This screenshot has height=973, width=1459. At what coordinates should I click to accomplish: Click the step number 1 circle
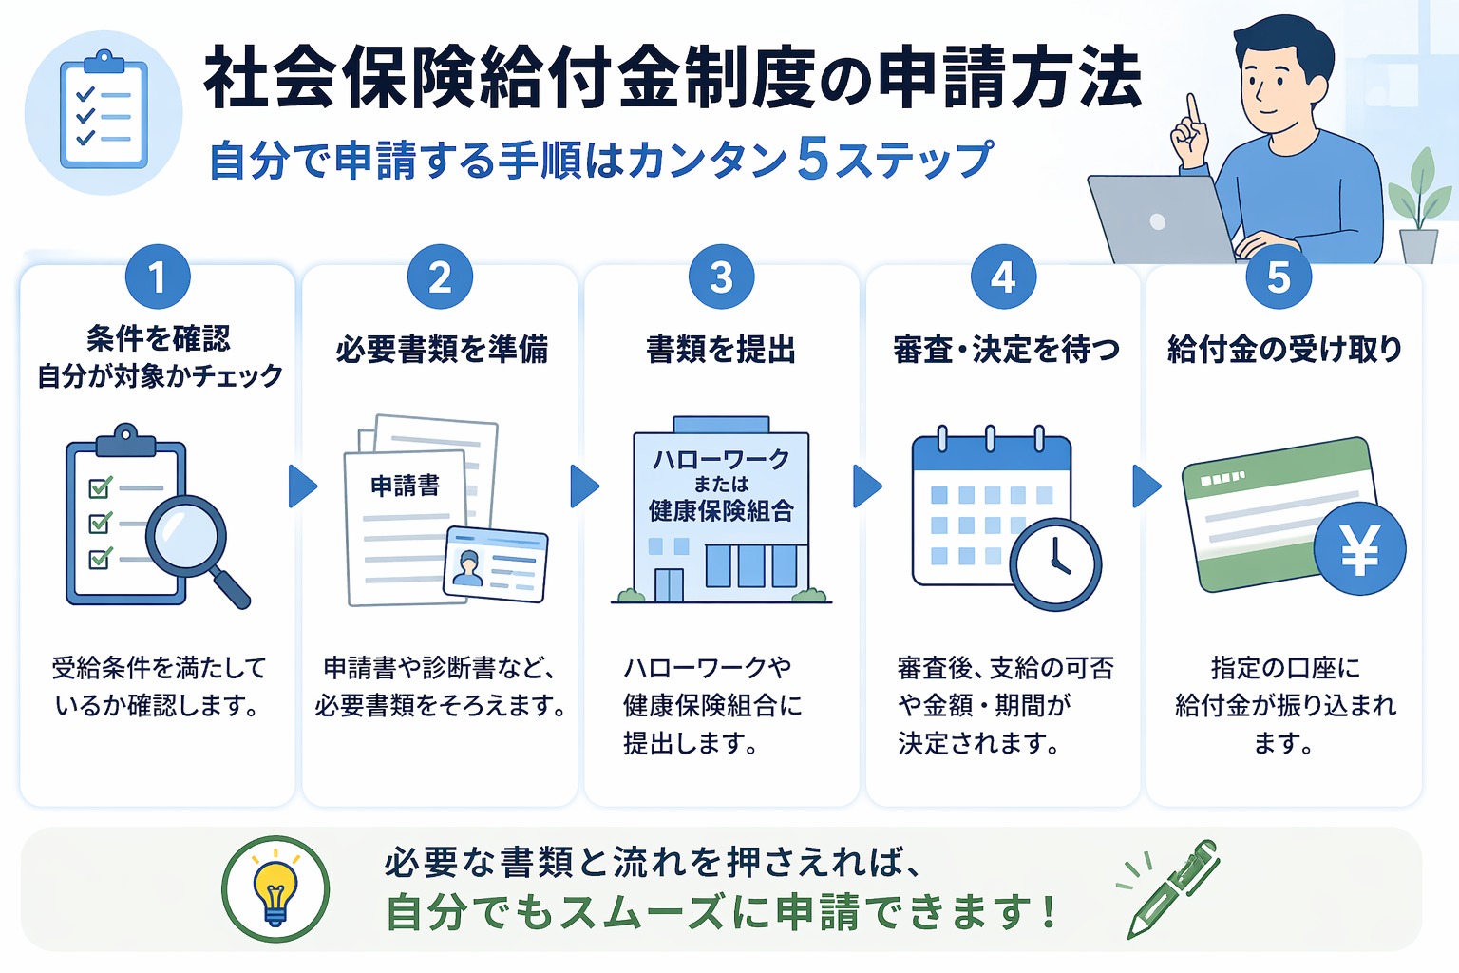click(x=158, y=277)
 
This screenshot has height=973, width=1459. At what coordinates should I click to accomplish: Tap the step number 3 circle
click(x=721, y=277)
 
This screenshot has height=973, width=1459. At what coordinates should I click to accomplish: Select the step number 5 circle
click(x=1279, y=277)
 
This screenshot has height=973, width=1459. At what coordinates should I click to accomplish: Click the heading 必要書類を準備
click(x=442, y=350)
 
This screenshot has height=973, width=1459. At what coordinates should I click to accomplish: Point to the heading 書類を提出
click(x=721, y=350)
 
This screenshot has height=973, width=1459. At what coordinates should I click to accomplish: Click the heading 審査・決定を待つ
click(x=1006, y=350)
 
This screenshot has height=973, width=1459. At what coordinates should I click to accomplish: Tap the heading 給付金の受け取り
click(x=1284, y=350)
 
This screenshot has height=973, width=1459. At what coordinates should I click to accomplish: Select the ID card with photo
click(x=495, y=563)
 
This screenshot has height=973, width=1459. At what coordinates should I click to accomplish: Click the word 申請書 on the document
click(x=406, y=486)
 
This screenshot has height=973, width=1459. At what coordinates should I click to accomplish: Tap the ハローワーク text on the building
click(x=721, y=460)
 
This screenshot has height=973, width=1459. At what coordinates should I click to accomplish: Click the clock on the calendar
click(x=1055, y=563)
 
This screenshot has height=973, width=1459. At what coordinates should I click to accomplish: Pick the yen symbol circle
click(x=1359, y=549)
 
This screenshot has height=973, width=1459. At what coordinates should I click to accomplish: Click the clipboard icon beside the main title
click(x=104, y=113)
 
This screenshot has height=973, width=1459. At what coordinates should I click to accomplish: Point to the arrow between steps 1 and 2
click(x=302, y=486)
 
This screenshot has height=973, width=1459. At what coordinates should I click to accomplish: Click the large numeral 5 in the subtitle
click(x=814, y=158)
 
